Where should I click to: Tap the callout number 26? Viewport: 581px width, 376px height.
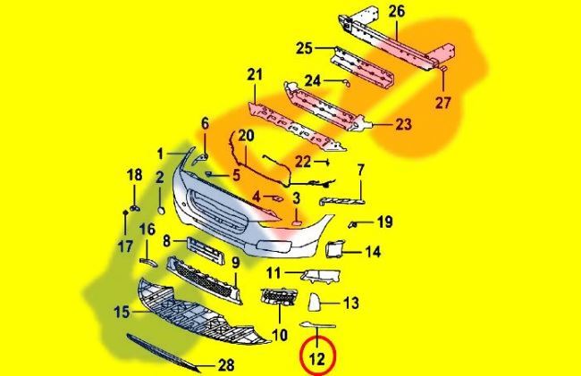pyautogui.click(x=397, y=12)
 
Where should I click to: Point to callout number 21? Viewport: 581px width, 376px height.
pyautogui.click(x=256, y=74)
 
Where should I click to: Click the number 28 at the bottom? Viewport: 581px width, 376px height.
pyautogui.click(x=226, y=366)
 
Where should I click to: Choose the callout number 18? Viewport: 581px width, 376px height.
pyautogui.click(x=133, y=174)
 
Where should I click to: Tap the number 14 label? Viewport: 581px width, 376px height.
pyautogui.click(x=373, y=252)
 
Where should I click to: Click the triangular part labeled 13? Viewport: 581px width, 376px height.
pyautogui.click(x=323, y=303)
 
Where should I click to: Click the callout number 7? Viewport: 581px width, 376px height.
pyautogui.click(x=361, y=169)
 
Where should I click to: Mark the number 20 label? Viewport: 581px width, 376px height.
pyautogui.click(x=245, y=135)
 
